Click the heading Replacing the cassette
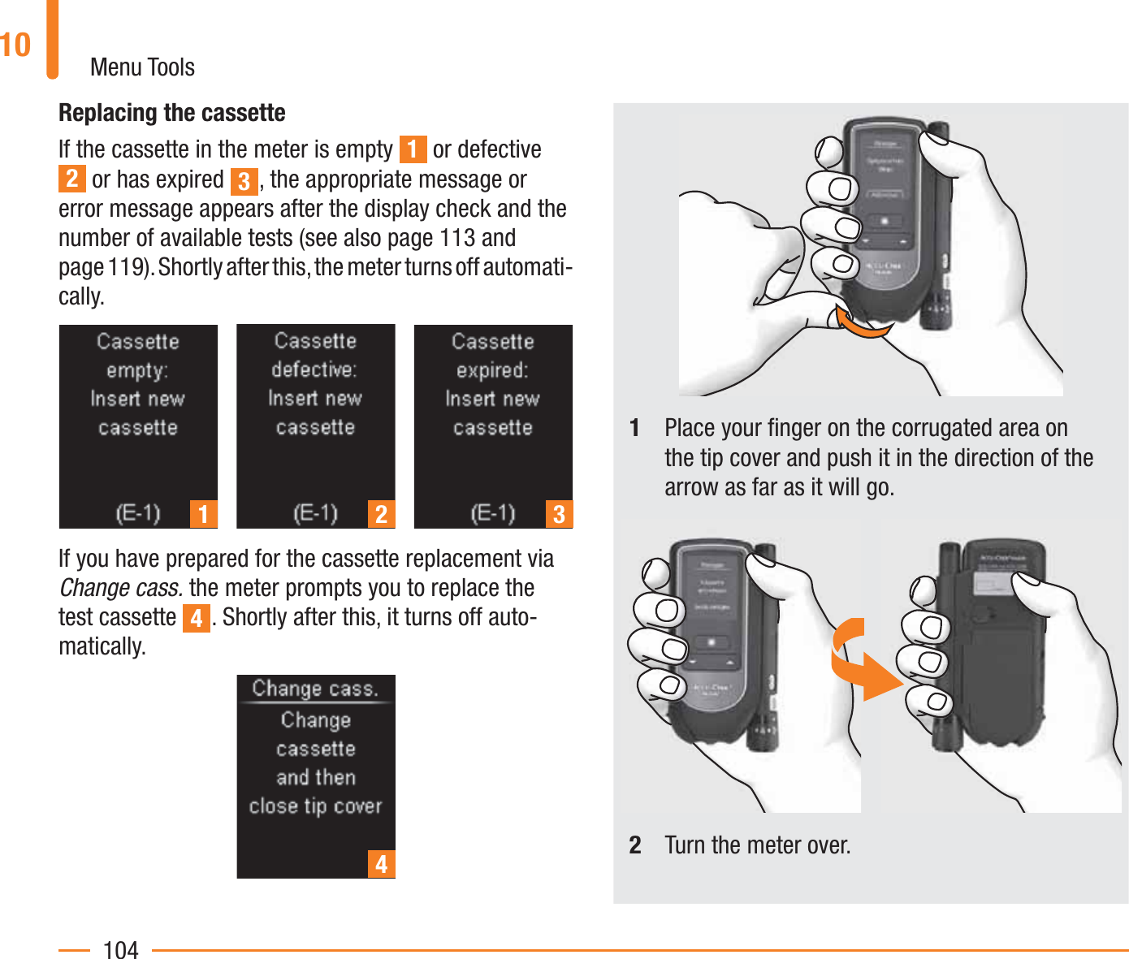(x=171, y=112)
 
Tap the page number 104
(x=120, y=949)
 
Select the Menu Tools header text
(x=142, y=67)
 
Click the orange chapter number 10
(x=15, y=45)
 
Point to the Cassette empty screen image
(x=138, y=426)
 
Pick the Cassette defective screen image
(x=315, y=426)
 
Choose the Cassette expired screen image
(x=493, y=426)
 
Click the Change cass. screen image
(x=315, y=775)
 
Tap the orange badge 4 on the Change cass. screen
(x=381, y=864)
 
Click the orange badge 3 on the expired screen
(x=559, y=514)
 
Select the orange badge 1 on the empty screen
(x=204, y=514)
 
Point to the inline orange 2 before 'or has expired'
(x=71, y=179)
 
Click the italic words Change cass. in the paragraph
(x=120, y=587)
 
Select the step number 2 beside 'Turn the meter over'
(x=635, y=845)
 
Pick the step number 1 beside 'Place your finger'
(x=635, y=428)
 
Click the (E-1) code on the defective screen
(x=315, y=513)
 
